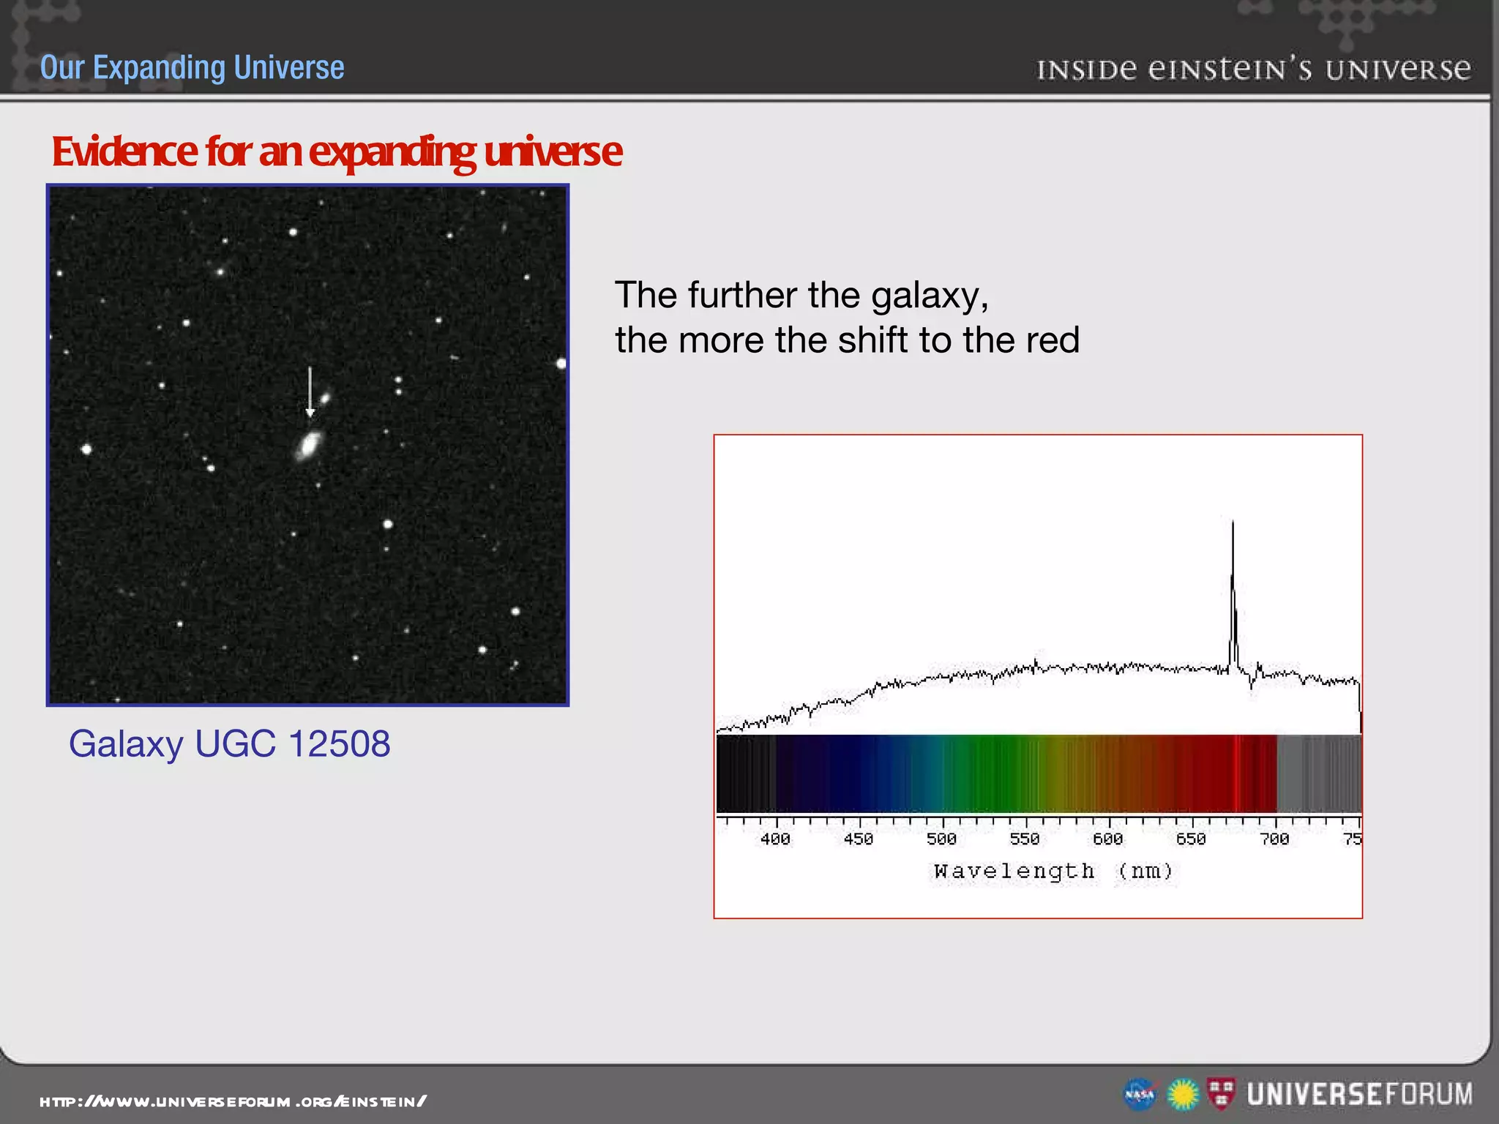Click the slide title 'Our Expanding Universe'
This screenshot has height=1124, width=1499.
coord(192,67)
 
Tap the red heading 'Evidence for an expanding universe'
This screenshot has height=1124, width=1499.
coord(336,151)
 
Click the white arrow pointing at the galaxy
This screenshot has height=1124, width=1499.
coord(310,391)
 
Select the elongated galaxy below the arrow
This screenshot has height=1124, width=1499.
coord(310,444)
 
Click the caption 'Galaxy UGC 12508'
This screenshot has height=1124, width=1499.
coord(229,743)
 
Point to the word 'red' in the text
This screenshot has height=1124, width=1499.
coord(1053,340)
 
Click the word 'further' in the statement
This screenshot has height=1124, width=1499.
coord(742,296)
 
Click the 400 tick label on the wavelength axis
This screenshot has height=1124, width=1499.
coord(775,839)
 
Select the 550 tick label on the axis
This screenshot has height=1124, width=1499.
coord(1025,839)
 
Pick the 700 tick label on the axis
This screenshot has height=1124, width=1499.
coord(1274,839)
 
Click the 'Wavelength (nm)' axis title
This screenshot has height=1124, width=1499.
coord(1053,872)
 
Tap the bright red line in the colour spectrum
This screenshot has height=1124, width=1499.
coord(1236,773)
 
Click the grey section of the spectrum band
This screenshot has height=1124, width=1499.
coord(1317,773)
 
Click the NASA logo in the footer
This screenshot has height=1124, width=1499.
coord(1140,1095)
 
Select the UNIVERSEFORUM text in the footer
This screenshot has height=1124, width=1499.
coord(1359,1095)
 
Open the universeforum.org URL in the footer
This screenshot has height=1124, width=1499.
coord(233,1101)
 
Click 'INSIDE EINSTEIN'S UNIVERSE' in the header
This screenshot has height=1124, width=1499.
coord(1253,70)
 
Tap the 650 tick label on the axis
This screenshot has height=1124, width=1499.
coord(1191,839)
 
